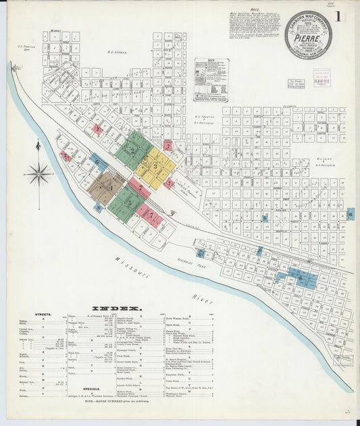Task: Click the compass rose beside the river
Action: (38, 174)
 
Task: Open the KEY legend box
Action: (211, 80)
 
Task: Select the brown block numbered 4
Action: (106, 187)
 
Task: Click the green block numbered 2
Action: (132, 149)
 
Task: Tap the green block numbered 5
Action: (126, 203)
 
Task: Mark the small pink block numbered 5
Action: (170, 183)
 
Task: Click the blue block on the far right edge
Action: (351, 214)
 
